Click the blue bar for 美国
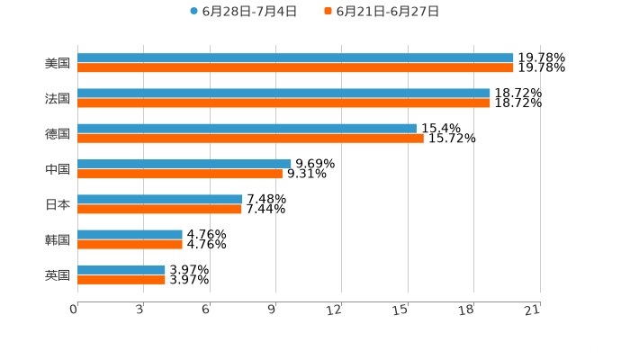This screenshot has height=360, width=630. click(295, 58)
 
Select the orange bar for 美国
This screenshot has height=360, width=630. click(295, 67)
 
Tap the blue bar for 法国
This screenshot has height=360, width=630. click(283, 94)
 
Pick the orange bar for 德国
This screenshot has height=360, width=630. click(250, 138)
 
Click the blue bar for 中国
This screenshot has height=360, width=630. click(184, 164)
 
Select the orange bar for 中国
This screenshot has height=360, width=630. click(180, 174)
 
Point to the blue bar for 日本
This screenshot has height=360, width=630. click(160, 200)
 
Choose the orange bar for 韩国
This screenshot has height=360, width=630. click(130, 244)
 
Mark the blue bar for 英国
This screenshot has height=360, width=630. click(121, 270)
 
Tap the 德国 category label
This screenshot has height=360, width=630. click(58, 134)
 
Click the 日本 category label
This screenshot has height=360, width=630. click(58, 204)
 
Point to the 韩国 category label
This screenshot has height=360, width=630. click(58, 239)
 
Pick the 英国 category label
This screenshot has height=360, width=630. click(58, 274)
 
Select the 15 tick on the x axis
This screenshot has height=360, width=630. click(403, 310)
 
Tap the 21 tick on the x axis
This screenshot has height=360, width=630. click(535, 310)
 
